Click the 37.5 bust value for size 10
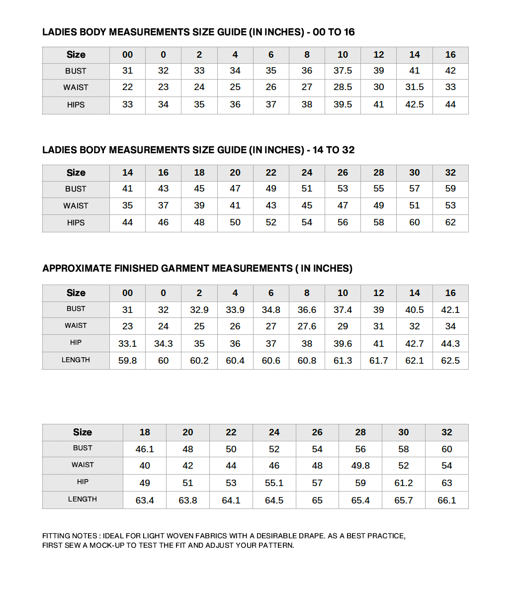pos(343,71)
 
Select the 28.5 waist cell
pos(343,87)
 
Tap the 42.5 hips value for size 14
pos(414,104)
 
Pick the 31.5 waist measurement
pos(414,87)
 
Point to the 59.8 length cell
pos(127,361)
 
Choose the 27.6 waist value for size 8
pos(307,326)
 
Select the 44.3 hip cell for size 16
pos(450,344)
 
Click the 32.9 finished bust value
pos(199,310)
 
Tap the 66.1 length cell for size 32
pos(446,501)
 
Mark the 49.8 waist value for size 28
pos(360,466)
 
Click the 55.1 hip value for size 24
pos(274,483)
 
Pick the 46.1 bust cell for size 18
pos(145,449)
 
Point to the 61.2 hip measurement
pos(403,483)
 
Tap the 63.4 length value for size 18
pos(145,501)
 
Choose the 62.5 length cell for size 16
pos(450,361)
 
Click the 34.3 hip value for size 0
pos(163,344)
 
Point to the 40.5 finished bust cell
pos(414,310)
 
